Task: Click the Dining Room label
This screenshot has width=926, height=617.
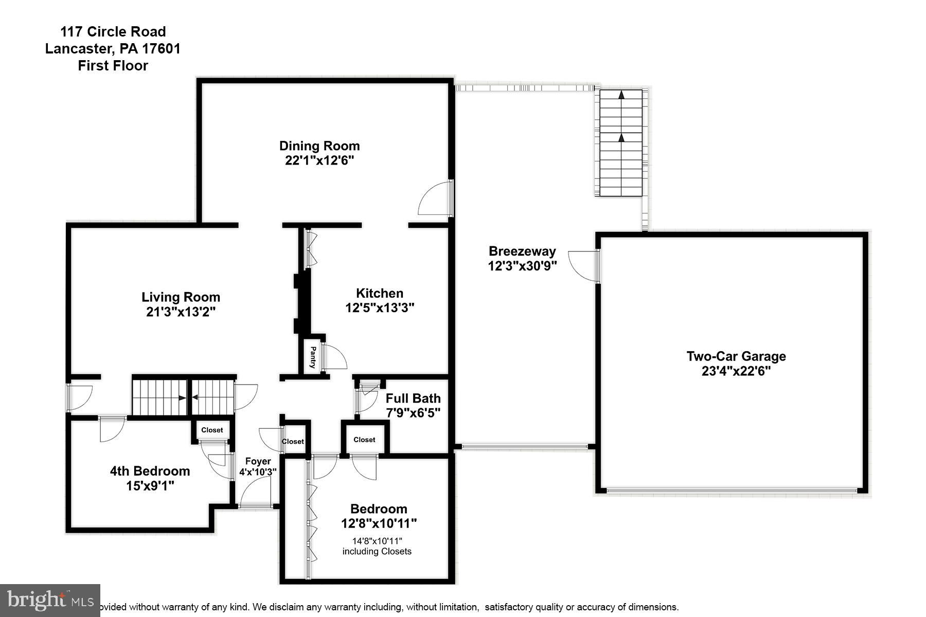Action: pyautogui.click(x=319, y=146)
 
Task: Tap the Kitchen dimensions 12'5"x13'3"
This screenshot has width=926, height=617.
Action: pyautogui.click(x=380, y=308)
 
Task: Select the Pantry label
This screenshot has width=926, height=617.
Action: pyautogui.click(x=312, y=357)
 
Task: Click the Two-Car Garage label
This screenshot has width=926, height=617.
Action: pyautogui.click(x=736, y=356)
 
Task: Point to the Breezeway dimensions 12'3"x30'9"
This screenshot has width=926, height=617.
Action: pyautogui.click(x=522, y=266)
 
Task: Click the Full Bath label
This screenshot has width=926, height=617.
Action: pyautogui.click(x=413, y=398)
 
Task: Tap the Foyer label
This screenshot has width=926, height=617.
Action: pyautogui.click(x=258, y=461)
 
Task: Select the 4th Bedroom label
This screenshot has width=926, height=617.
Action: pyautogui.click(x=150, y=471)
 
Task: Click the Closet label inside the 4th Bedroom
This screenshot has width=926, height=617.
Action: pyautogui.click(x=212, y=430)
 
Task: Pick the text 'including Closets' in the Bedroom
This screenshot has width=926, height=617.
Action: pyautogui.click(x=377, y=552)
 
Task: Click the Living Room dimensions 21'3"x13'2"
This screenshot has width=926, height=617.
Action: pyautogui.click(x=181, y=312)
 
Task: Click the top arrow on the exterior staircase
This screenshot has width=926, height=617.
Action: pyautogui.click(x=621, y=95)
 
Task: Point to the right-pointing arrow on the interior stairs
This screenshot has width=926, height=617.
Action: pyautogui.click(x=181, y=397)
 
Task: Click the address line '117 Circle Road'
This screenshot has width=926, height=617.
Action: pyautogui.click(x=113, y=32)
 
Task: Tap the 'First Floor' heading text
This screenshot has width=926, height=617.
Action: pyautogui.click(x=113, y=66)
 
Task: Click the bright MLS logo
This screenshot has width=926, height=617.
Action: pyautogui.click(x=50, y=600)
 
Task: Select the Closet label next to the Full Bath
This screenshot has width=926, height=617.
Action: pyautogui.click(x=364, y=440)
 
